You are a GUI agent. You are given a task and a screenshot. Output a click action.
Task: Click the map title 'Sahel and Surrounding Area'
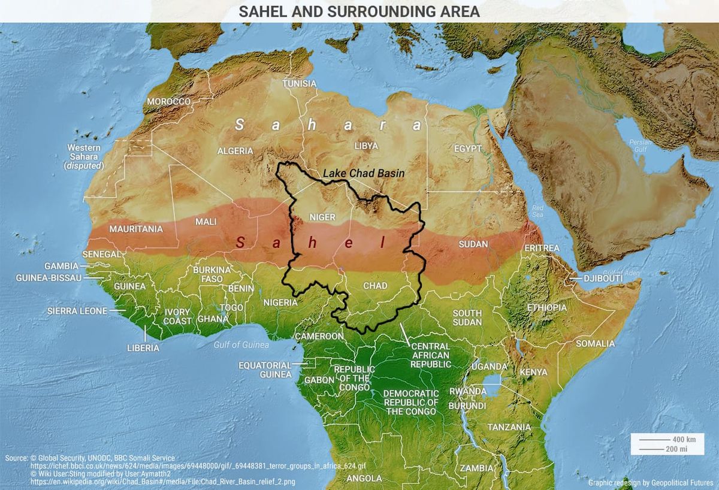359,11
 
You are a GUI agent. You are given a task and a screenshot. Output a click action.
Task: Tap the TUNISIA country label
299,83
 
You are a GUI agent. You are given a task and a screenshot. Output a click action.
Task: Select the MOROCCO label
168,101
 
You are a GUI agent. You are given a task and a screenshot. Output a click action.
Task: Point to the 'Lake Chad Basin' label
364,173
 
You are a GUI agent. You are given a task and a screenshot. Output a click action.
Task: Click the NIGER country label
322,217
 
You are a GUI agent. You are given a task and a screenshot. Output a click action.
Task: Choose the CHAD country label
375,286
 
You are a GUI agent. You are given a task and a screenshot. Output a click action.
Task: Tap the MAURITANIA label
136,229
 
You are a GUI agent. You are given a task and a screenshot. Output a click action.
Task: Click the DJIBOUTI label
604,279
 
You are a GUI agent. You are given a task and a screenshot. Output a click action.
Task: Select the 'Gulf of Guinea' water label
241,344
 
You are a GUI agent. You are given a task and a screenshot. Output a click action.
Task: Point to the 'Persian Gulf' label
640,145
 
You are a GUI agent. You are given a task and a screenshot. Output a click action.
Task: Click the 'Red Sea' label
537,211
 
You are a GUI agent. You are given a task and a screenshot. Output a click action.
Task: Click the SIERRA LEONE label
77,311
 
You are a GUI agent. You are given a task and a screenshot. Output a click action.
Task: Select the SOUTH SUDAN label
467,317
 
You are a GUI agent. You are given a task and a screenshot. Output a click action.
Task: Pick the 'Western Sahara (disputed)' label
84,156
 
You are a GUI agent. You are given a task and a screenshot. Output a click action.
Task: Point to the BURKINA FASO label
212,274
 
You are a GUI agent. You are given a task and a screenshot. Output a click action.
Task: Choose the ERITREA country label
542,248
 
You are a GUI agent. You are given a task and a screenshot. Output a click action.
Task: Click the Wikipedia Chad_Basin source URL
162,481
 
